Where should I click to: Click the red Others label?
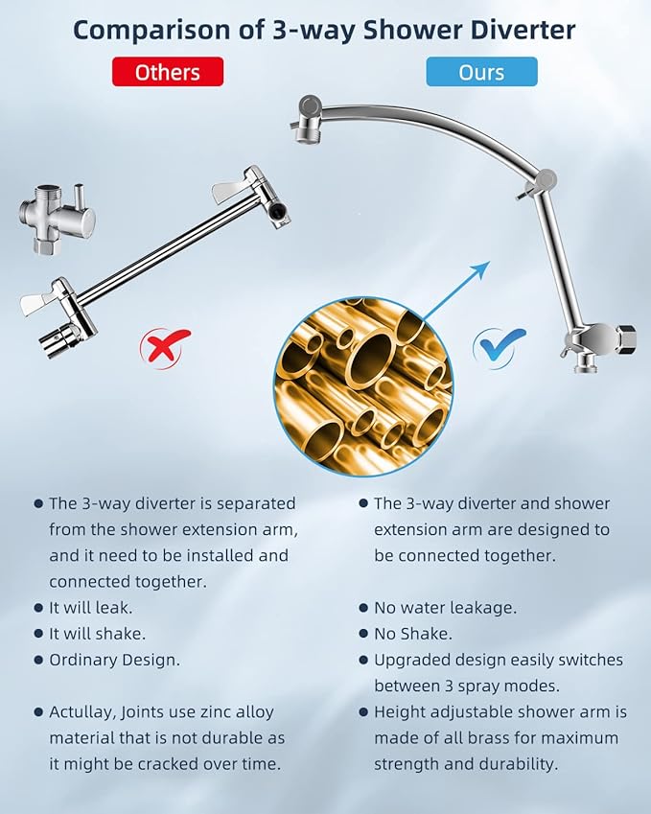pos(167,72)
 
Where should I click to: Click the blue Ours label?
pos(481,72)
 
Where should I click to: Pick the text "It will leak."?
pos(90,608)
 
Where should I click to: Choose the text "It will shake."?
pos(97,634)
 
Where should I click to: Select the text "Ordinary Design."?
pos(114,660)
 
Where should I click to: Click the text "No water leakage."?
pos(445,608)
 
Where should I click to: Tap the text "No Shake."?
pos(412,634)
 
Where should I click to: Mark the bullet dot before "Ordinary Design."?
pos(38,661)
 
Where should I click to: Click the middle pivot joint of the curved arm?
pos(546,178)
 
